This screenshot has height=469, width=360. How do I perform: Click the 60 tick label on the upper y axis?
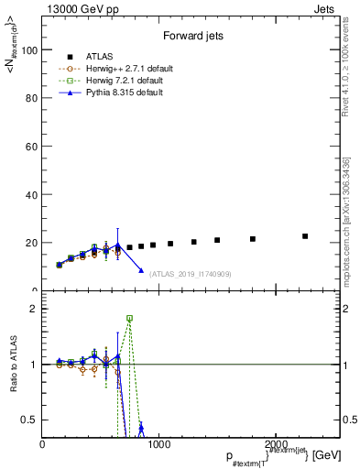[x=30, y=147]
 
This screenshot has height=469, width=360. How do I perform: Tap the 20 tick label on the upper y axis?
[x=30, y=243]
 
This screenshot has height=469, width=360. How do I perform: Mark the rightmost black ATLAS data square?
[x=305, y=236]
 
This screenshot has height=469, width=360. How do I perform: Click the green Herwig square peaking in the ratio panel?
[x=129, y=318]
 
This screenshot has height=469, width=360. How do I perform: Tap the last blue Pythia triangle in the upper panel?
[x=141, y=270]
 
